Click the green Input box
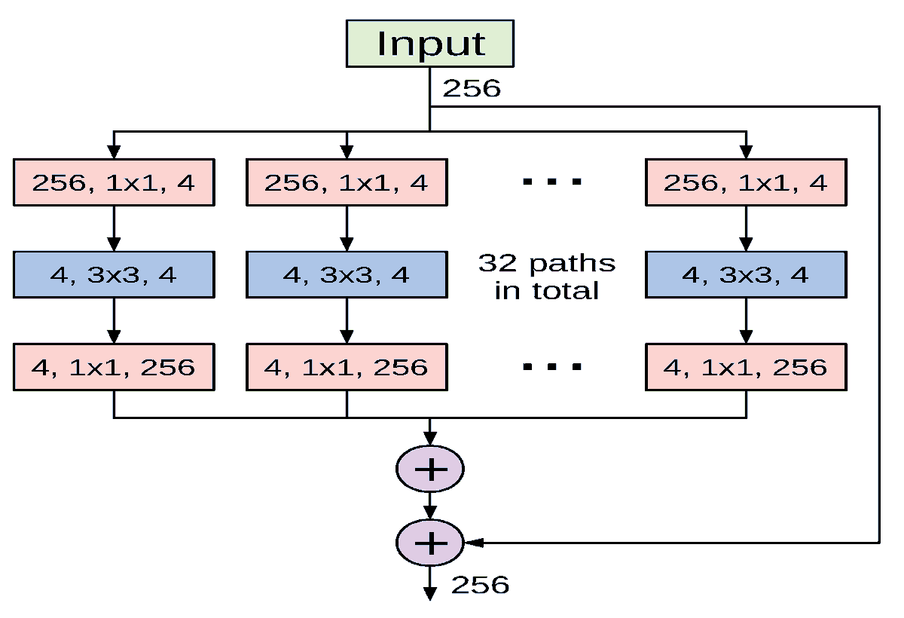pos(430,44)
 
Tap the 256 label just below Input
pos(472,88)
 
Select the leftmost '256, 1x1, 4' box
pos(114,182)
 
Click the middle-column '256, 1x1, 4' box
pos(347,182)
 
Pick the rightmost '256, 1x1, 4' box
pos(746,182)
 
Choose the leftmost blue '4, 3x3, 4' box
pos(114,275)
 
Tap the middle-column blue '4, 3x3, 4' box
pos(347,275)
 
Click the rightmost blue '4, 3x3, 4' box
pos(746,275)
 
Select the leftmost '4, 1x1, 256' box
pos(114,367)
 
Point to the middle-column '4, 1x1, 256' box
pos(347,367)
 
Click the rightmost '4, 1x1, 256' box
pos(746,367)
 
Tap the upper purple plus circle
pos(430,469)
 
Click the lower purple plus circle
pos(430,543)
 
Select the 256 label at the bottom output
pos(480,585)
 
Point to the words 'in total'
pos(547,291)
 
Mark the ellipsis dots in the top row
pos(551,182)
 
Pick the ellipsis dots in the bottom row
pos(551,366)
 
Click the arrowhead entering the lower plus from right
pos(474,543)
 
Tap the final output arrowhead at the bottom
pos(430,594)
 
